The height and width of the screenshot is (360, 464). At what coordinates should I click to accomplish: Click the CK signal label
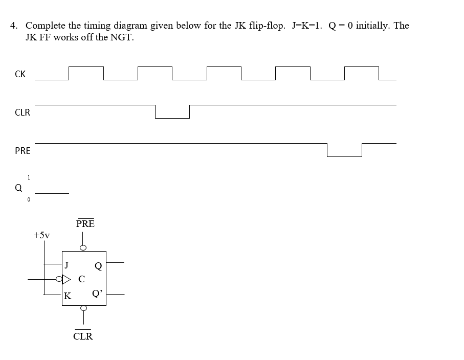20,74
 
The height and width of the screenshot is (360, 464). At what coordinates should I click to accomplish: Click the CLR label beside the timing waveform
23,112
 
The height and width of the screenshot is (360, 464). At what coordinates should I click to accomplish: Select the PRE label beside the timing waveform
23,151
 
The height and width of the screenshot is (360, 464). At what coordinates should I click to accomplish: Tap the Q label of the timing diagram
18,188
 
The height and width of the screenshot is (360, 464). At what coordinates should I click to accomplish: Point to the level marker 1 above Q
29,177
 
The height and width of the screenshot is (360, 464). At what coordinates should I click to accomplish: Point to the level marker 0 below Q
29,199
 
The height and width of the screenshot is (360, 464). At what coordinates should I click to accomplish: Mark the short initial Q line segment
52,193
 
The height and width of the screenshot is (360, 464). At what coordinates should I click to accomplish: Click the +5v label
41,235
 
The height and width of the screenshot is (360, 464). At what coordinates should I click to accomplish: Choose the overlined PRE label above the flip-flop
85,224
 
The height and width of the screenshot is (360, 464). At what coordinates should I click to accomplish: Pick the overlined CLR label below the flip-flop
83,336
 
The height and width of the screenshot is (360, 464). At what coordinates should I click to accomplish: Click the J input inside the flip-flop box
67,265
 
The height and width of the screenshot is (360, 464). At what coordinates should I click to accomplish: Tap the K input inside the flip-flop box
68,296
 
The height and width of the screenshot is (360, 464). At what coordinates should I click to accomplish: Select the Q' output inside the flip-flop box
97,294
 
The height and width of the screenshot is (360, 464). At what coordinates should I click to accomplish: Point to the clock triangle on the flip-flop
67,280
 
